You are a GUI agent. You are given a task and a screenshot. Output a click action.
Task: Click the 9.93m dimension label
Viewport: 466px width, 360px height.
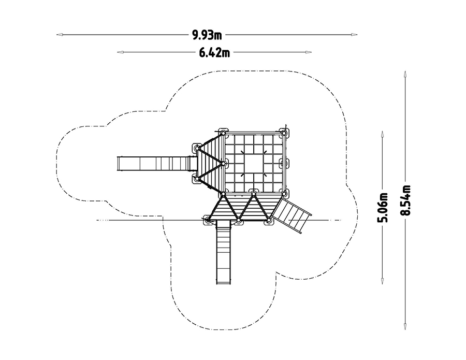(207, 35)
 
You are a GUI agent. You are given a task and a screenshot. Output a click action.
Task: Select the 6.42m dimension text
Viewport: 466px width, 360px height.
(214, 53)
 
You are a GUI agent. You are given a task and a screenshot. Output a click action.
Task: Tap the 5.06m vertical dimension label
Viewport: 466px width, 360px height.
(383, 207)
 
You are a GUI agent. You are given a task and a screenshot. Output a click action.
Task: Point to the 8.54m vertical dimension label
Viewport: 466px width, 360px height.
(405, 200)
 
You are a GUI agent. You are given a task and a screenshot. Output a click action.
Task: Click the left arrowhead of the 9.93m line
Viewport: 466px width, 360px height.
(60, 35)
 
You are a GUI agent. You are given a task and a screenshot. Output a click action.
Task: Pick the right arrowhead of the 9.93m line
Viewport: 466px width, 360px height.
(354, 35)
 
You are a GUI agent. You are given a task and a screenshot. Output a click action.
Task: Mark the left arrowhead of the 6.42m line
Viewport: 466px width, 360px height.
(120, 52)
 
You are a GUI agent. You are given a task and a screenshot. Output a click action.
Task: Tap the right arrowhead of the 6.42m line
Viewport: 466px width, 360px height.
(309, 52)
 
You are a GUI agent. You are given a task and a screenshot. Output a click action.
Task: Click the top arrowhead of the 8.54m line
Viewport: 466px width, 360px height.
(405, 74)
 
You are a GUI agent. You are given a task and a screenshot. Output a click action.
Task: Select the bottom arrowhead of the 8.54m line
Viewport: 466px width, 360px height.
(405, 326)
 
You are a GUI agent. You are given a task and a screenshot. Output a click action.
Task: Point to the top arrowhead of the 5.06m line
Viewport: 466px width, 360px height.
(383, 134)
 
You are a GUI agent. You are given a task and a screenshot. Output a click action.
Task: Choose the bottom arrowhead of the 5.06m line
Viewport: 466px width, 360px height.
(383, 281)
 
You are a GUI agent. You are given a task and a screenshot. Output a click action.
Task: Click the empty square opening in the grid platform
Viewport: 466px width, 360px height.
(254, 163)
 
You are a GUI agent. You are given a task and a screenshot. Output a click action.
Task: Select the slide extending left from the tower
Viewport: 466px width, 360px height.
(156, 164)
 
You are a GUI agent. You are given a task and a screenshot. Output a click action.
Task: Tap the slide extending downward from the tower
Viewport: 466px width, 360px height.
(224, 252)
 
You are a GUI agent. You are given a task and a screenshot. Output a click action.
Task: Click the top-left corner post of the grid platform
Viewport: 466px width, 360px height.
(224, 134)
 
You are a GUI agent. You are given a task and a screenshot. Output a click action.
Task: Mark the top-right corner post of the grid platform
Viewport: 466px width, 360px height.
(284, 134)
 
